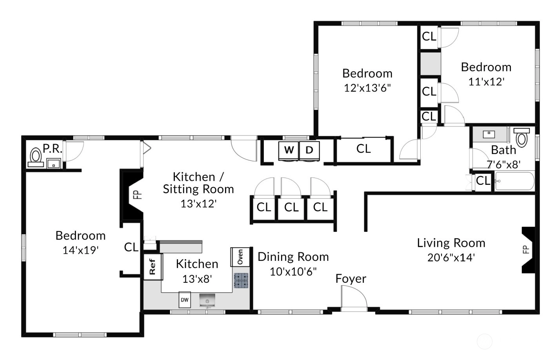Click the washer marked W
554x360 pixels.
[289, 151]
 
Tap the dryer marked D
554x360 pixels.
[309, 151]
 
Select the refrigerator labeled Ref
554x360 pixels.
[153, 267]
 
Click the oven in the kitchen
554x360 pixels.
[240, 257]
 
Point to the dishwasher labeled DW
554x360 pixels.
[185, 300]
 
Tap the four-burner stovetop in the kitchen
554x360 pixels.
[241, 281]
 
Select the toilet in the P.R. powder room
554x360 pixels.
[36, 157]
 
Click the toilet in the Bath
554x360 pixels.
[521, 137]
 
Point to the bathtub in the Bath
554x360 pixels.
[514, 181]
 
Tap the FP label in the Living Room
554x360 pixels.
[526, 249]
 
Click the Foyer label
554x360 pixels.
[351, 279]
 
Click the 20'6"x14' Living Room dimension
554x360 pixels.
[451, 258]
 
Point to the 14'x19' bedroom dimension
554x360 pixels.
[81, 250]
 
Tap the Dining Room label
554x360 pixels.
[293, 257]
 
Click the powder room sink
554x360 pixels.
[54, 164]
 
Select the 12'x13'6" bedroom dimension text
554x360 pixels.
[367, 88]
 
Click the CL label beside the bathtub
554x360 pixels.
[483, 181]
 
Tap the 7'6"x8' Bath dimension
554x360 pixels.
[504, 165]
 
